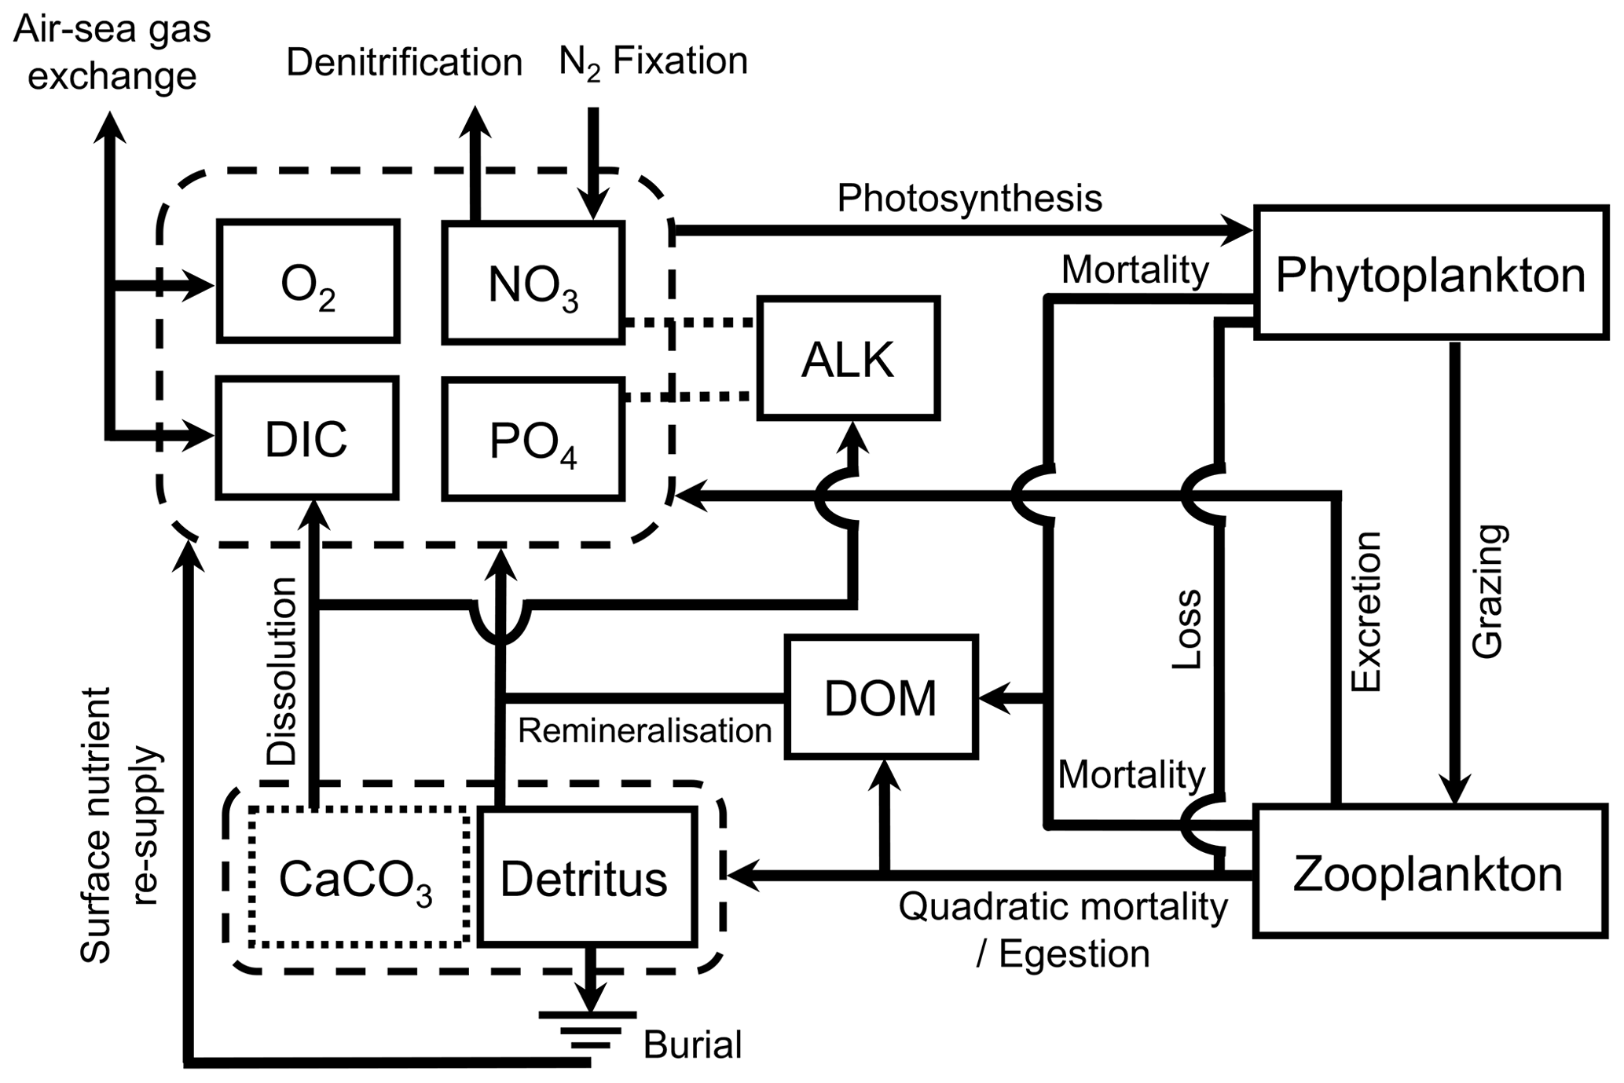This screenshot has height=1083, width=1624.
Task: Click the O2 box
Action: [308, 281]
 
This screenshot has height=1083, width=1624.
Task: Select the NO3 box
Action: [533, 283]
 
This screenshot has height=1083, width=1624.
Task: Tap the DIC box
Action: [307, 437]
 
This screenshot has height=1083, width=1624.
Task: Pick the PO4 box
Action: [533, 440]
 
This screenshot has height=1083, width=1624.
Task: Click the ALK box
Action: [849, 358]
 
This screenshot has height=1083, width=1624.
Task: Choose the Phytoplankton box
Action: [1430, 273]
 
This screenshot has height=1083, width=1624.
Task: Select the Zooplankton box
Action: [1428, 871]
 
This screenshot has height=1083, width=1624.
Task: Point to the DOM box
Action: [881, 697]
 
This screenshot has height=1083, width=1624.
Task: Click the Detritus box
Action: [587, 876]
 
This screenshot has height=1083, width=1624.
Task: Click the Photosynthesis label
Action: [969, 198]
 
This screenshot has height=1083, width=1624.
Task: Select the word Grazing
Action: [1487, 591]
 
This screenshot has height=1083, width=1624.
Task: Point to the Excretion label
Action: [1366, 611]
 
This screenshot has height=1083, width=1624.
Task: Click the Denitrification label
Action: [404, 62]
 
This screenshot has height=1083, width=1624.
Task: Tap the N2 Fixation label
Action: [653, 61]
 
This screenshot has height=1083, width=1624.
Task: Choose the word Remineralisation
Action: [644, 730]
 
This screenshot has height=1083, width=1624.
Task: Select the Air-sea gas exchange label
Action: [112, 53]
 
